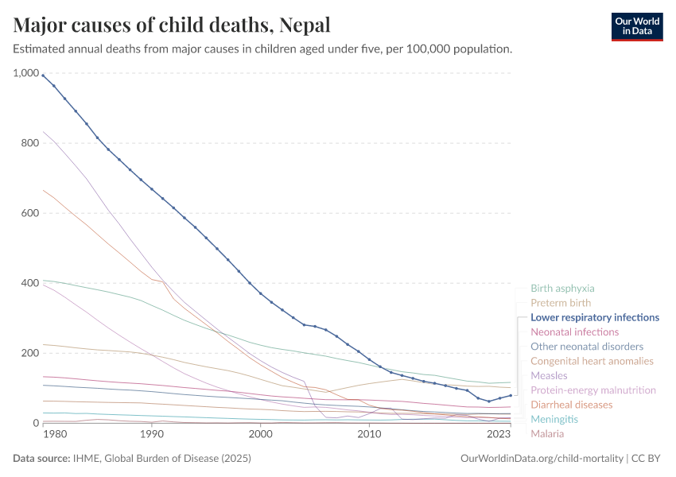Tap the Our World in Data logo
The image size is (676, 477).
636,26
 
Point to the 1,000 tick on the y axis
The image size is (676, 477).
25,73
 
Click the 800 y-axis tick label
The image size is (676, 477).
29,143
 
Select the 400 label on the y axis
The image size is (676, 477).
29,283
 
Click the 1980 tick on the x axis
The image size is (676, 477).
55,434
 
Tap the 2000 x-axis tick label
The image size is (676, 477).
260,434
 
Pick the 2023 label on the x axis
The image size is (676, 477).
499,434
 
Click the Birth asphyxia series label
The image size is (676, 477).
562,289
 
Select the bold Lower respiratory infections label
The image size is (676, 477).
595,317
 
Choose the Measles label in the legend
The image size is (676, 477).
549,375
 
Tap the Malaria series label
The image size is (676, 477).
547,433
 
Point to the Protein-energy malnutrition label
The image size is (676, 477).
593,390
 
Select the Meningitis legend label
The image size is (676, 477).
554,419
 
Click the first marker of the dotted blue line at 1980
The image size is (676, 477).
43,76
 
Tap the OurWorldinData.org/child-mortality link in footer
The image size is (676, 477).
542,459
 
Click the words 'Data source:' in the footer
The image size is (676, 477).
41,459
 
